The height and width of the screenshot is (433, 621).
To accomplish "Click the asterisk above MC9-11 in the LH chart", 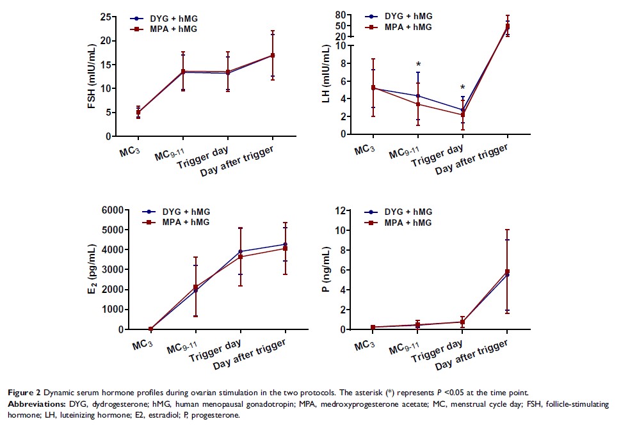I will tap(418, 65).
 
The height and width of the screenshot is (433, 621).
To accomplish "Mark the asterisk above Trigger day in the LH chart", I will tap(463, 88).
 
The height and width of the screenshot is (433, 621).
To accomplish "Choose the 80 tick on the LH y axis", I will tap(341, 15).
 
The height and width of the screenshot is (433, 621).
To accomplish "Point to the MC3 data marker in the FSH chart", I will tap(138, 113).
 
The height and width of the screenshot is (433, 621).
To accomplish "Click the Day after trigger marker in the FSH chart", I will tap(272, 56).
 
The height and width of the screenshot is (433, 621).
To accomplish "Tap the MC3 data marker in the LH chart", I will tap(373, 88).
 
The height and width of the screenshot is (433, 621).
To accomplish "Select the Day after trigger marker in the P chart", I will tap(507, 272).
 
